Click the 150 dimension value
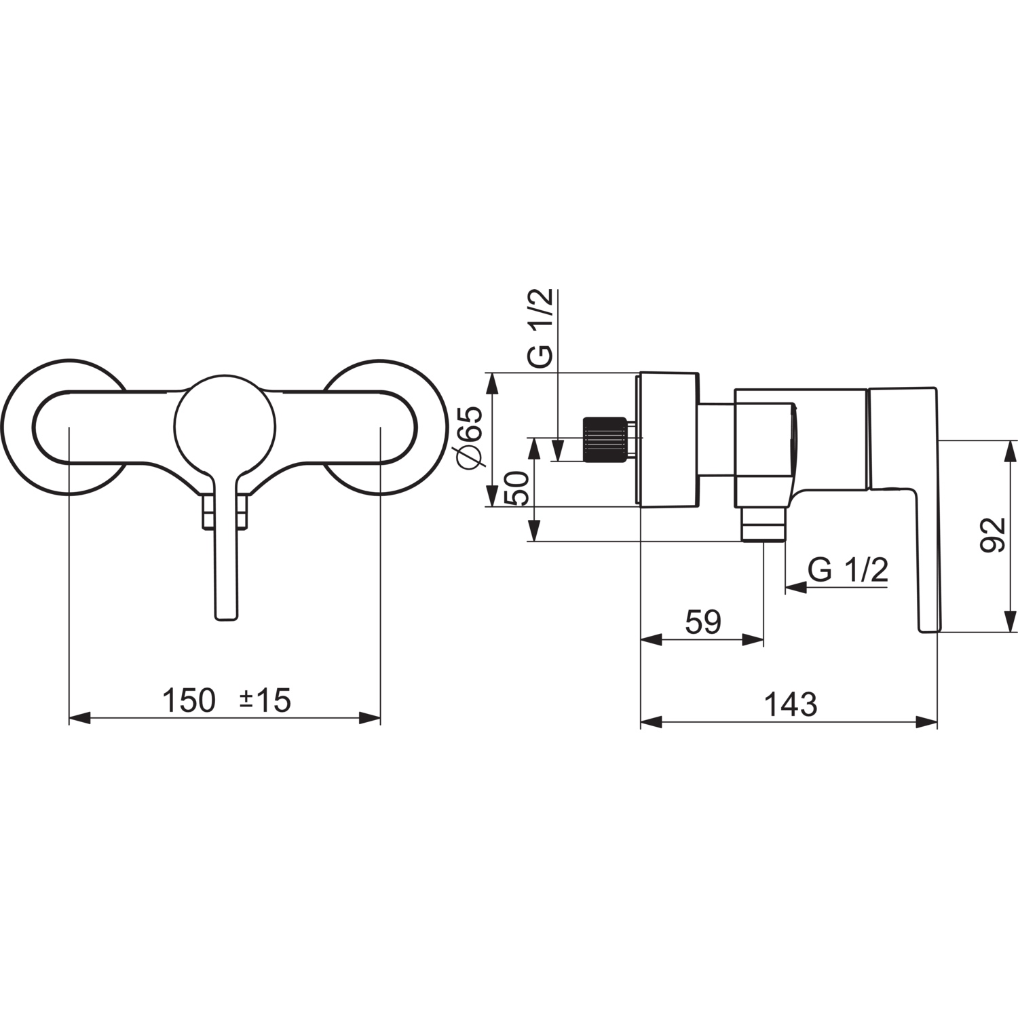pyautogui.click(x=188, y=700)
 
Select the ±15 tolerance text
pyautogui.click(x=265, y=700)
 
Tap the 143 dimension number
pyautogui.click(x=791, y=704)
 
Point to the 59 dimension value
pyautogui.click(x=703, y=622)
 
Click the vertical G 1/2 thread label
pyautogui.click(x=542, y=328)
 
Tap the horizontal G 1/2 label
pyautogui.click(x=848, y=570)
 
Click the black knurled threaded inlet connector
pyautogui.click(x=603, y=440)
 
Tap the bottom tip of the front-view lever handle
pyautogui.click(x=227, y=619)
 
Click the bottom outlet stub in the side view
pyautogui.click(x=763, y=524)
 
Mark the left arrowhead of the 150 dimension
pyautogui.click(x=80, y=718)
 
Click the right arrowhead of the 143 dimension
pyautogui.click(x=926, y=722)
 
